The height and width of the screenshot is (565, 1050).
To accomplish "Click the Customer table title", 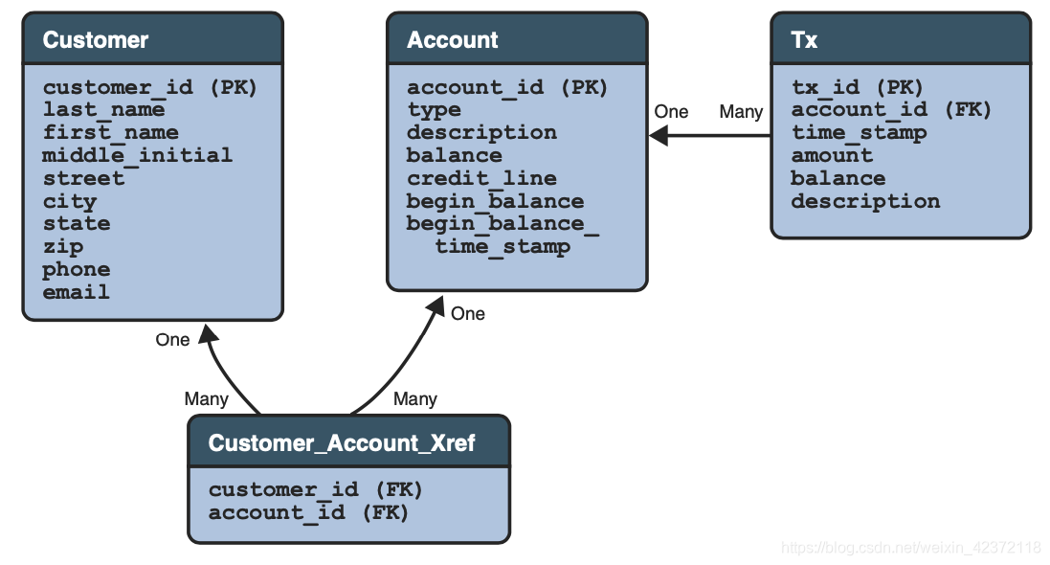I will (x=96, y=40).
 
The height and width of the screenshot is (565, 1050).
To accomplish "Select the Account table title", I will (x=452, y=40).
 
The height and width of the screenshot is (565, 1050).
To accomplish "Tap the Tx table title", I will (x=804, y=40).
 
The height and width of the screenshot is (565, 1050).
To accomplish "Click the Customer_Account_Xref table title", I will (x=342, y=443).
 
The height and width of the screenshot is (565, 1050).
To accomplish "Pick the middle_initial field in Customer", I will (x=137, y=155).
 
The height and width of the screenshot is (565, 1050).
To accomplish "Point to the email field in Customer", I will (x=76, y=292).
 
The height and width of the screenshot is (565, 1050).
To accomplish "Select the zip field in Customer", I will (x=62, y=246).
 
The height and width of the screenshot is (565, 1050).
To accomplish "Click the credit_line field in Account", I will (x=481, y=178).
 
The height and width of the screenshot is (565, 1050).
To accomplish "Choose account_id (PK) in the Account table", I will (x=507, y=87).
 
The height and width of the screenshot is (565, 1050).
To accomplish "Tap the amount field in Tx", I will (x=832, y=155).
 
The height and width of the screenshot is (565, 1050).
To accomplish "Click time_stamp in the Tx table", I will (x=859, y=132).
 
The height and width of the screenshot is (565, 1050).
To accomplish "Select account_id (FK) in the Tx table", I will (x=891, y=109).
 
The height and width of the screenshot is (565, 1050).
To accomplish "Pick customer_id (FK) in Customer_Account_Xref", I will (x=316, y=489).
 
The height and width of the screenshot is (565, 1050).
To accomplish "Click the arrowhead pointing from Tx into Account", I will (x=659, y=135).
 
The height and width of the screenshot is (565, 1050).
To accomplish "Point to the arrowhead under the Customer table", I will (x=208, y=333).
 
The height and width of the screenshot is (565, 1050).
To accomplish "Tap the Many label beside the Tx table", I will (x=740, y=112).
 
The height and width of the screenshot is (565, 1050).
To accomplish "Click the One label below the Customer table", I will (x=172, y=340).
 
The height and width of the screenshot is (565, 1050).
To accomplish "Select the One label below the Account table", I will (x=468, y=314).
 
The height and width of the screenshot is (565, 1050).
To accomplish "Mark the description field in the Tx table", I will (x=865, y=201).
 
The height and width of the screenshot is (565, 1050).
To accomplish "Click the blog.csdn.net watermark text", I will (x=910, y=548).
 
